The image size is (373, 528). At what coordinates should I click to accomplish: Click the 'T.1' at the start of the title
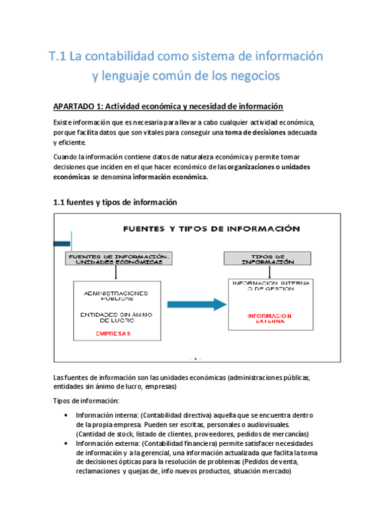click(x=57, y=57)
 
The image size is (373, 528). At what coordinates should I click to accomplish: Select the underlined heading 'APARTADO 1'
click(x=80, y=105)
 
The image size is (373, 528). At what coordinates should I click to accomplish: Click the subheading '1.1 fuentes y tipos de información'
click(x=115, y=202)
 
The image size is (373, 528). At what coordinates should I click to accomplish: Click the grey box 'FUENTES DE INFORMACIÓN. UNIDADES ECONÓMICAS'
click(x=118, y=259)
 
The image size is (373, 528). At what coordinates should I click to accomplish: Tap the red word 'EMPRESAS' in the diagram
click(x=113, y=333)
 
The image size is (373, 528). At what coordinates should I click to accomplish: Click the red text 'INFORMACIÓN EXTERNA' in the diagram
click(x=269, y=319)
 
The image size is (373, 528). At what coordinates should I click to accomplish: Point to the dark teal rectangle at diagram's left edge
click(x=62, y=243)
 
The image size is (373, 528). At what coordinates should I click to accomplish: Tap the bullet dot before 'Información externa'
click(x=67, y=443)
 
